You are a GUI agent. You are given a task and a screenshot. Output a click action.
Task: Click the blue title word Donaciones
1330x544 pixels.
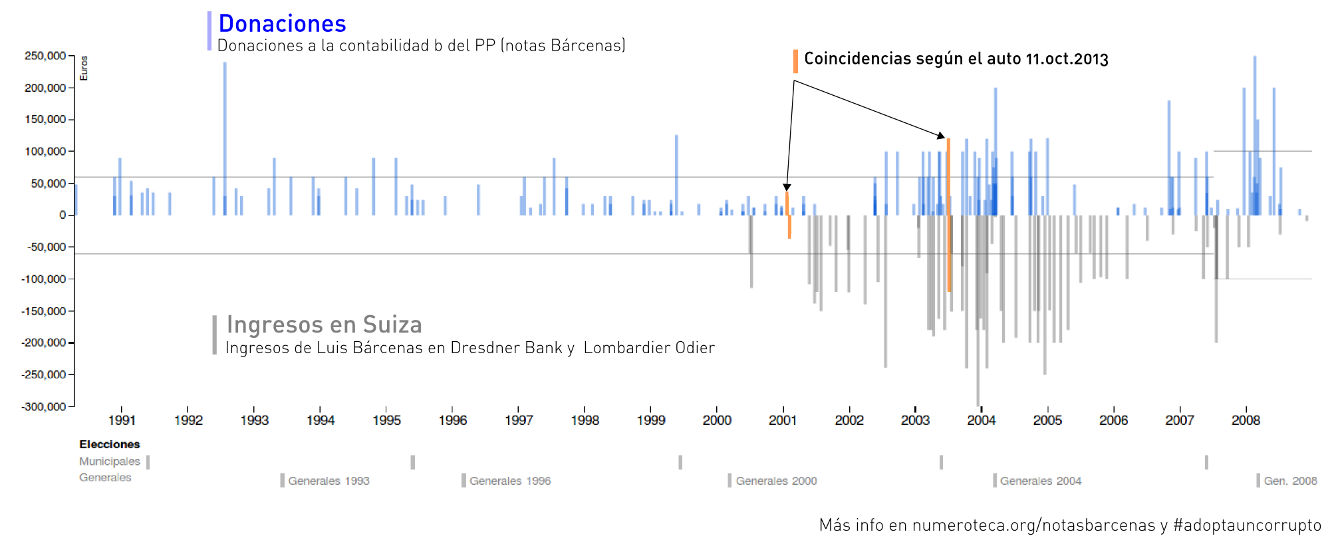click(x=282, y=24)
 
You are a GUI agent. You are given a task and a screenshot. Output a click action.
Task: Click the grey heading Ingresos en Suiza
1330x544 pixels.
click(x=324, y=325)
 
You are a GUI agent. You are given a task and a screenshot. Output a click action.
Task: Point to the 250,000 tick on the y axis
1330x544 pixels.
click(x=45, y=56)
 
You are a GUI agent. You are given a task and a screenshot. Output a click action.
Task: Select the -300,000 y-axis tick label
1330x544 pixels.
click(x=44, y=406)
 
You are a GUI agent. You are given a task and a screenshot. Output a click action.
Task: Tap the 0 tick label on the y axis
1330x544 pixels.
click(x=63, y=215)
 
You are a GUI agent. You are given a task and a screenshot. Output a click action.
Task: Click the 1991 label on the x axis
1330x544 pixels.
click(x=122, y=420)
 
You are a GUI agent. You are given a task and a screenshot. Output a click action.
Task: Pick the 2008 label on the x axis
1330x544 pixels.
click(x=1246, y=420)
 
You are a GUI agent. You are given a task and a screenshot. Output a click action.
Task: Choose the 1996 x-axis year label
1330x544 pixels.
click(x=452, y=420)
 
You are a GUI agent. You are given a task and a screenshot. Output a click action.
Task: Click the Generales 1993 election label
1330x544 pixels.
click(x=329, y=481)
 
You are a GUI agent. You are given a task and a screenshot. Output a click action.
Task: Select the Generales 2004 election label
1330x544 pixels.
click(x=1041, y=481)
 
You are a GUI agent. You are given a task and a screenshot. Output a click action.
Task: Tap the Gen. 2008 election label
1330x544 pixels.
click(x=1290, y=481)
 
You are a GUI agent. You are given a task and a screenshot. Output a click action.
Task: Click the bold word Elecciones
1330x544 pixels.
click(x=110, y=444)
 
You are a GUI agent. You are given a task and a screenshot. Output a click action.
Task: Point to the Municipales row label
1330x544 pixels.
click(x=110, y=462)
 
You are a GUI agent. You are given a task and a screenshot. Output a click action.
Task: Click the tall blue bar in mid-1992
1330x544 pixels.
click(x=225, y=133)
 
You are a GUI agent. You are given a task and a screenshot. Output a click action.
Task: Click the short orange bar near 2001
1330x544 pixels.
click(x=788, y=213)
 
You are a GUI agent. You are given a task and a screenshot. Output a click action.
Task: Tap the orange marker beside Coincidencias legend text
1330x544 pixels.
click(x=795, y=61)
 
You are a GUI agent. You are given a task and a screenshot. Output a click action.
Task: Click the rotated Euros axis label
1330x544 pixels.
click(x=84, y=68)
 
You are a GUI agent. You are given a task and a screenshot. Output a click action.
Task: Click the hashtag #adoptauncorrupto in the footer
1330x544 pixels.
click(x=1247, y=525)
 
